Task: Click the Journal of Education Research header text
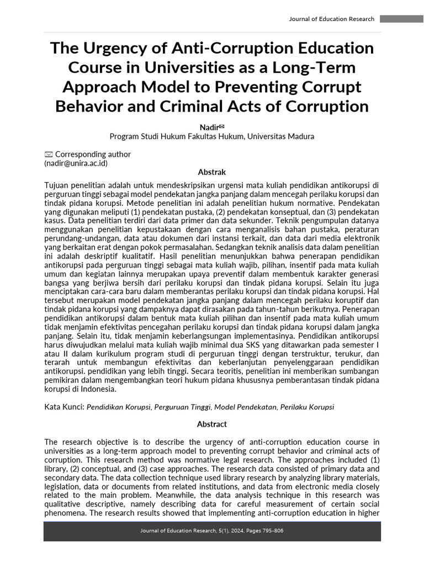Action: [x=331, y=19]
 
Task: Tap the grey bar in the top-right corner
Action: [x=401, y=19]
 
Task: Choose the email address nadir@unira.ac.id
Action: [x=76, y=163]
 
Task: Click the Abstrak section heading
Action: [x=212, y=172]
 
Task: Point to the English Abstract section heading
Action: [x=212, y=424]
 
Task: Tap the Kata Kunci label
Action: [x=63, y=407]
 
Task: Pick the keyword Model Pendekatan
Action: [x=245, y=407]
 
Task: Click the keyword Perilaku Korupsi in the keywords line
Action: [x=307, y=407]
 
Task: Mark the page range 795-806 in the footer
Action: [x=272, y=531]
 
